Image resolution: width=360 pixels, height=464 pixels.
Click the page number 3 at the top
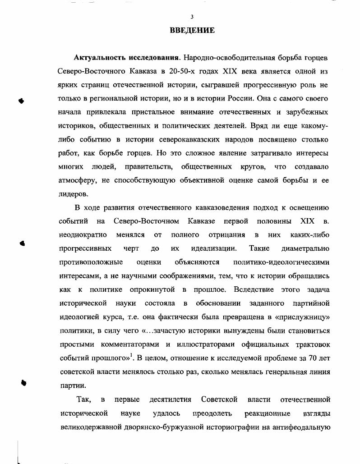click(192, 17)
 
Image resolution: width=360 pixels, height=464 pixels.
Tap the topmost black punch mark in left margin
click(21, 100)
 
